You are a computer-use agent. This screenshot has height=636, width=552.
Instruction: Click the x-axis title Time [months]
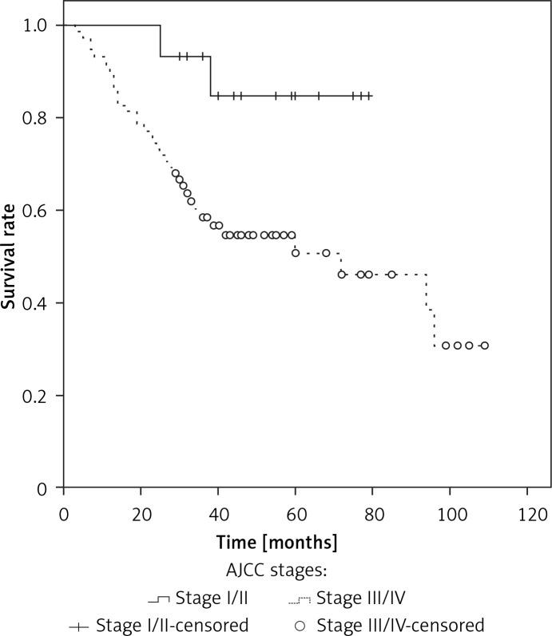tap(276, 542)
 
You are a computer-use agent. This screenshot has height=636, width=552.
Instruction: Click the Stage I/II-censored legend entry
tap(160, 624)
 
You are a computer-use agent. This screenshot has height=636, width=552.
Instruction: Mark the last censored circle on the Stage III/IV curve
tap(484, 346)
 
